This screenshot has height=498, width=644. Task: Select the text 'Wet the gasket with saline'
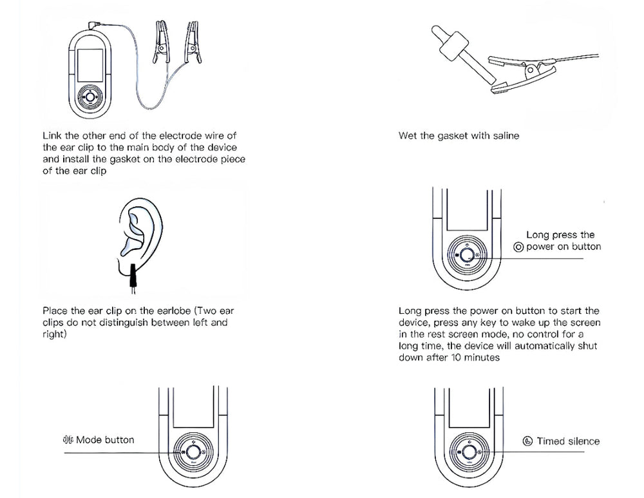459,136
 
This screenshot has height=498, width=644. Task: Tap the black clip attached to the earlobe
134,275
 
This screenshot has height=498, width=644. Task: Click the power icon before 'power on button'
518,247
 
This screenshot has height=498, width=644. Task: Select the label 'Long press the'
560,235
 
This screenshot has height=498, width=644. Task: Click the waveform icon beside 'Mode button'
68,439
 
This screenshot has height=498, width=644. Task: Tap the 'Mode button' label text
105,439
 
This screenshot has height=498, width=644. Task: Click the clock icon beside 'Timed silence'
527,441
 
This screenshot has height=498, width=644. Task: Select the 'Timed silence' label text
567,441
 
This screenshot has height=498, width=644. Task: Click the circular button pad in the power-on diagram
466,254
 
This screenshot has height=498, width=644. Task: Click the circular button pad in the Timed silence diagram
466,452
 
